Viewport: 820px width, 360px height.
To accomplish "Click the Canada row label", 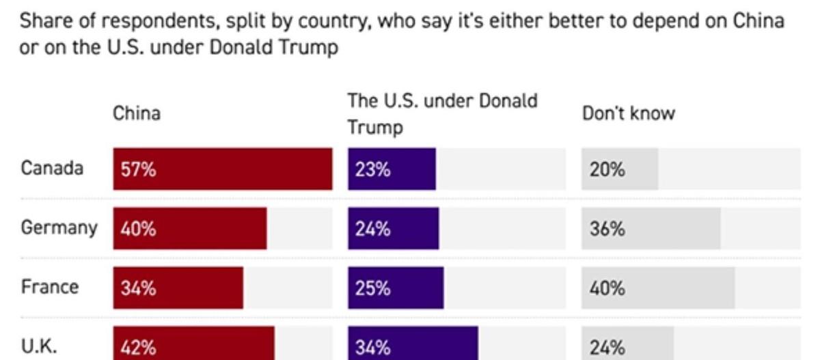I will click(52, 168).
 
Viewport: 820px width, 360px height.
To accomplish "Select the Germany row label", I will click(59, 227).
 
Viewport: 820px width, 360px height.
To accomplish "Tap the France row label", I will click(49, 287).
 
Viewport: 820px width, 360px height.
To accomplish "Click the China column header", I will click(137, 113).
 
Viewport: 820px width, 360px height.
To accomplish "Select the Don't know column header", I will click(628, 113).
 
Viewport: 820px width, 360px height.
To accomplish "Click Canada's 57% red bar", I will click(223, 169).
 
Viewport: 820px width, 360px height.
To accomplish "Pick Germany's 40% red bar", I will click(190, 229).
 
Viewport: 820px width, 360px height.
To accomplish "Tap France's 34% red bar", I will click(178, 288).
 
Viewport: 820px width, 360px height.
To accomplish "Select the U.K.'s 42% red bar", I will click(194, 345).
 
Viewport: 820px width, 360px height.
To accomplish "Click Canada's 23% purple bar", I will click(392, 169).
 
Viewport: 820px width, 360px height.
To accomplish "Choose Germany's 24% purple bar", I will click(394, 229).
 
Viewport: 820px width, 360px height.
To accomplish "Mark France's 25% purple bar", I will click(396, 288).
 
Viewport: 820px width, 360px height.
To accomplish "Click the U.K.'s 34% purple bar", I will click(413, 345).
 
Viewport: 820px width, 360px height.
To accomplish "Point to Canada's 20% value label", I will click(607, 169).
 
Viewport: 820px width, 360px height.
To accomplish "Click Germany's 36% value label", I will click(607, 229).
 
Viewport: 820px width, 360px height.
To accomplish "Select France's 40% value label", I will click(607, 288).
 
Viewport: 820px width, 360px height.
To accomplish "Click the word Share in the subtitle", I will click(44, 20).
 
